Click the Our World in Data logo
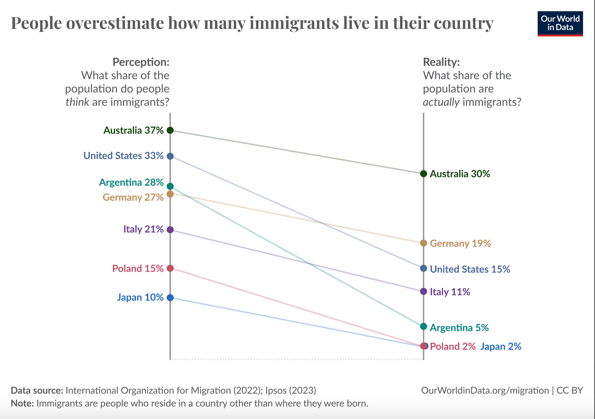(560, 24)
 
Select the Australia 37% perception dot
(170, 130)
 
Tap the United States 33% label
(123, 156)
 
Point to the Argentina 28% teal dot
(170, 186)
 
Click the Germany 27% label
(133, 197)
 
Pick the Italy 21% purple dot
(170, 230)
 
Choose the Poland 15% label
(138, 268)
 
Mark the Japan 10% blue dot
(170, 298)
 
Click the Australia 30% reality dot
(424, 174)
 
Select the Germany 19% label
(460, 243)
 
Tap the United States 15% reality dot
(424, 268)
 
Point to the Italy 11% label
(450, 292)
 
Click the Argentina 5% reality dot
(424, 326)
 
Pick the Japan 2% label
(501, 346)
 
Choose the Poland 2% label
(453, 346)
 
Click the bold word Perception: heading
(141, 62)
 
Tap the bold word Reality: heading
(441, 62)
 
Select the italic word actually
(441, 102)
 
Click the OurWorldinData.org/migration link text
(485, 390)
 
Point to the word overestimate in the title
(115, 23)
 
